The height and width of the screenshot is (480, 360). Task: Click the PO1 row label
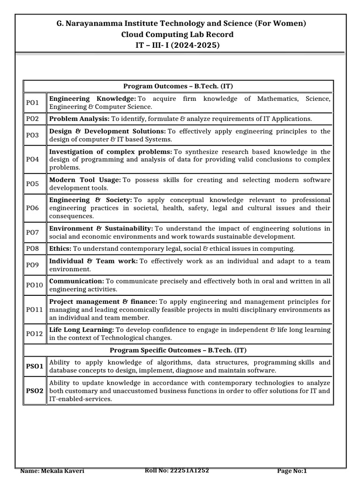tap(33, 103)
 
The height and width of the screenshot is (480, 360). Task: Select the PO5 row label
tap(33, 184)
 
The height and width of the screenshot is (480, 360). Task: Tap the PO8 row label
tap(33, 248)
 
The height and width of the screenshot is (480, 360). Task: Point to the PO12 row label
tap(34, 334)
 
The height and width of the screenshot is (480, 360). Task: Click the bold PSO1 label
tap(35, 366)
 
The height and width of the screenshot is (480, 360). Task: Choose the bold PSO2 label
tap(35, 391)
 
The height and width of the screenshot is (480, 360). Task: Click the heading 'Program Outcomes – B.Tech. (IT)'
tap(178, 86)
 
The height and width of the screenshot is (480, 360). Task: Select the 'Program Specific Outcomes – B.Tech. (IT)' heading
tap(178, 350)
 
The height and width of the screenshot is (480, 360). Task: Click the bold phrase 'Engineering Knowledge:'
tap(92, 98)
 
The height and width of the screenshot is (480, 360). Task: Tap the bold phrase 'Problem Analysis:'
tap(79, 119)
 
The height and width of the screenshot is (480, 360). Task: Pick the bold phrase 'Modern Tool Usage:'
tap(85, 180)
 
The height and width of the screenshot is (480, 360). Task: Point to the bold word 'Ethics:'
tap(60, 248)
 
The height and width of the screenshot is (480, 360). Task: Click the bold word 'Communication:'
tap(76, 281)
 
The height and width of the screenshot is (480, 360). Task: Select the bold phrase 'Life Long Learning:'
tap(82, 330)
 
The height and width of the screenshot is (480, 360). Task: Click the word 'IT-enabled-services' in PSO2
tap(80, 399)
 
